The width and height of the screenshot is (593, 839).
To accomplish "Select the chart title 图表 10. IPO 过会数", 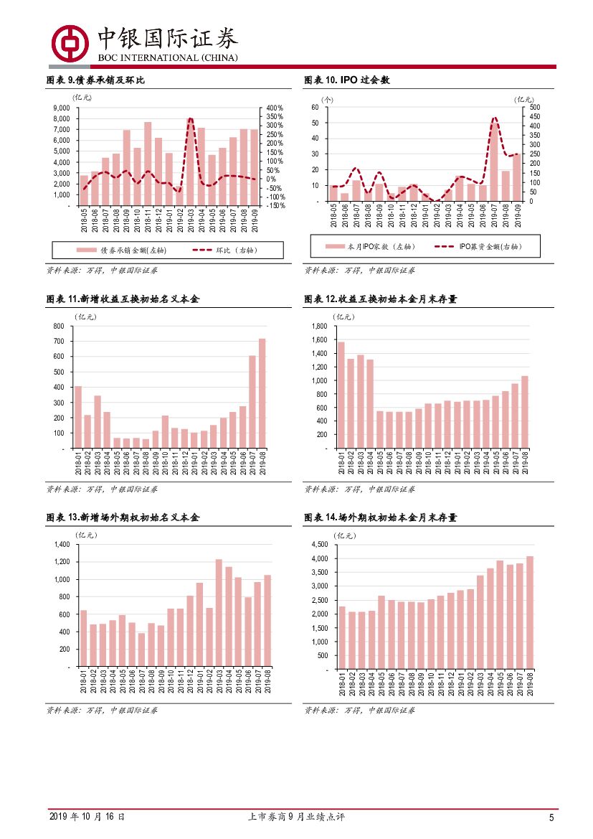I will click(347, 80).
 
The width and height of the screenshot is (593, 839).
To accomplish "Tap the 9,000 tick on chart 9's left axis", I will click(61, 108).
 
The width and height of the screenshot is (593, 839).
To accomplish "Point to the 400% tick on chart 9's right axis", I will click(275, 108).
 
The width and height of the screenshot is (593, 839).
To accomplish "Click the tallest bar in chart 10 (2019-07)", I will click(495, 161).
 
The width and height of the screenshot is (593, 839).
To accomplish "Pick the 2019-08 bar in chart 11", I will click(262, 393).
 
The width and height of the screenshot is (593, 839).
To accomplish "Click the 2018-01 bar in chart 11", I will click(77, 417).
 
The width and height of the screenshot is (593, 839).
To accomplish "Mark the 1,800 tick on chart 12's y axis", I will click(319, 326).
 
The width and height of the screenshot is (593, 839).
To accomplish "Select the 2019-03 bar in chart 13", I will click(219, 612).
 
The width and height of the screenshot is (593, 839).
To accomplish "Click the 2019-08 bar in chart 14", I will click(529, 612).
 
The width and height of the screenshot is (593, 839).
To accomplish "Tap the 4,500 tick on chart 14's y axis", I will click(319, 545).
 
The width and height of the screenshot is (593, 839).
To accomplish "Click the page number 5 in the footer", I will click(551, 817).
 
